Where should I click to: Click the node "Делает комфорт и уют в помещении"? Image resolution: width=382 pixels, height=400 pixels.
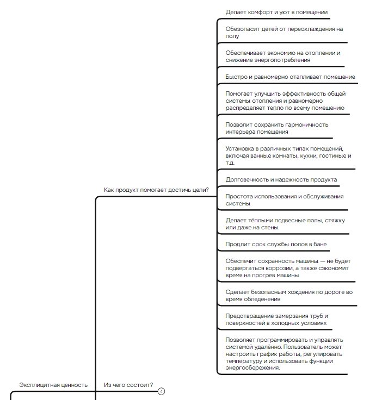click(x=276, y=12)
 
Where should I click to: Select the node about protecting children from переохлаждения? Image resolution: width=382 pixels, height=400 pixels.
click(x=280, y=32)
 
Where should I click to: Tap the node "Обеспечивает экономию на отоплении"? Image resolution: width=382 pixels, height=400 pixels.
click(x=282, y=56)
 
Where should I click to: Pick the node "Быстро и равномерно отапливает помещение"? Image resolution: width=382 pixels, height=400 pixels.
click(x=290, y=77)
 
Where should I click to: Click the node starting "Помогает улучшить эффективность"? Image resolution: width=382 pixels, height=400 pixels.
click(x=285, y=101)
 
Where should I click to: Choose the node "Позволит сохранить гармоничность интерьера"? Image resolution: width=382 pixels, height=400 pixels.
click(x=277, y=128)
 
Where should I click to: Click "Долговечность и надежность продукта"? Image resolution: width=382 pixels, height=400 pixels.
click(x=281, y=179)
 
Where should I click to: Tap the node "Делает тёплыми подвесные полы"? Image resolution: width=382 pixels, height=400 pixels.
click(x=285, y=223)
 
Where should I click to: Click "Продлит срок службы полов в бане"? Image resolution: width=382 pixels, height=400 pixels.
click(x=276, y=244)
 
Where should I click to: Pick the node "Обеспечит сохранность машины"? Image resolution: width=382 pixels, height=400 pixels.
click(x=287, y=268)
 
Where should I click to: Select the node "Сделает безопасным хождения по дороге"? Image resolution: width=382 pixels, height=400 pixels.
click(x=289, y=295)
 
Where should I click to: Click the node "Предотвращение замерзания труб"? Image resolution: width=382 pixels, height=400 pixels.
click(x=277, y=319)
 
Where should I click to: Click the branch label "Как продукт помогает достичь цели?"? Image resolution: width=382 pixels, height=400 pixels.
click(x=156, y=190)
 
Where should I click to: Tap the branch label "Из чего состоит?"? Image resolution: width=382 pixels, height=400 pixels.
click(x=128, y=385)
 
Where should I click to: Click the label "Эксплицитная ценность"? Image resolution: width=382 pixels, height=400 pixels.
click(x=53, y=385)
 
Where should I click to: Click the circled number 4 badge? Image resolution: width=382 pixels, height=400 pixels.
click(x=161, y=391)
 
